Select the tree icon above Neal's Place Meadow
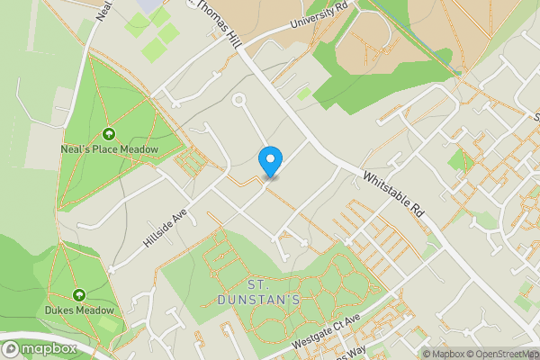(x=109, y=134)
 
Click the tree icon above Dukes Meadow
(x=79, y=294)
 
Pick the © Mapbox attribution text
(x=443, y=354)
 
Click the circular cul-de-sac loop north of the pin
(x=239, y=102)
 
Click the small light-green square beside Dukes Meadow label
(x=108, y=323)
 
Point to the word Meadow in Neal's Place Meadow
(x=139, y=149)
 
